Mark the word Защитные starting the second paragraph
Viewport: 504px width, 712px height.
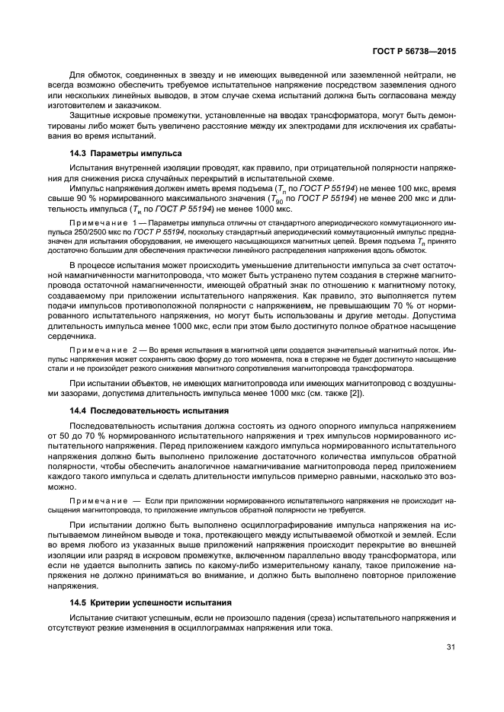click(x=93, y=114)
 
